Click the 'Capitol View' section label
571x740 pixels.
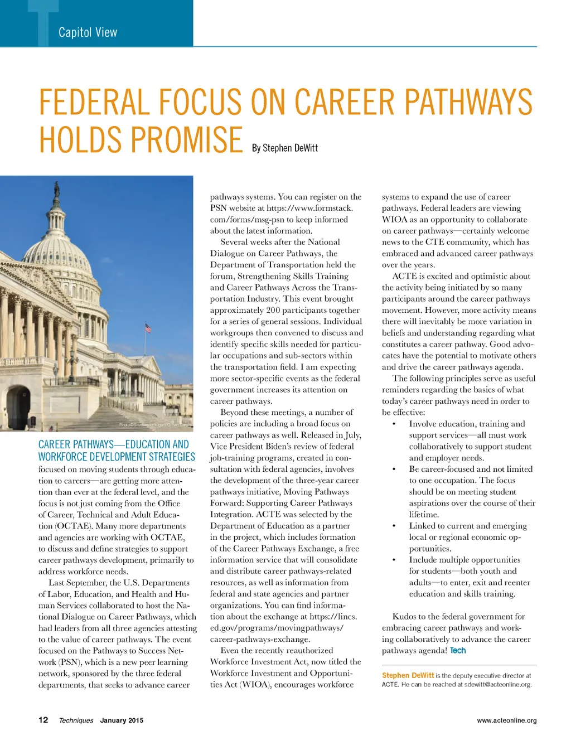tap(88, 32)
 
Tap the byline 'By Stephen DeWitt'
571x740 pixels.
tap(284, 148)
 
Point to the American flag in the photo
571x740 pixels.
tap(148, 328)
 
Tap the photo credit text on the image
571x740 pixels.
tap(154, 425)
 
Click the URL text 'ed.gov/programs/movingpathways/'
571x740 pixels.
tap(277, 628)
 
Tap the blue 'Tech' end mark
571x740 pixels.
tap(457, 650)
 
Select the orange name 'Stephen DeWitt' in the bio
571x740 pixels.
tap(408, 675)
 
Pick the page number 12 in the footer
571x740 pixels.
tap(43, 720)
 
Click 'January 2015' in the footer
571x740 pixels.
tap(122, 720)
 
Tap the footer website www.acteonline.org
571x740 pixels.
tap(506, 720)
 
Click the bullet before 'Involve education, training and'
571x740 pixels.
tap(394, 424)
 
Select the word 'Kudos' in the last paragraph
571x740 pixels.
tap(404, 616)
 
